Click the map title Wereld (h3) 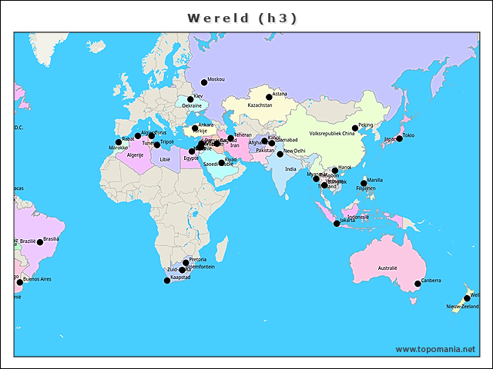(243, 18)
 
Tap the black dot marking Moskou (204, 82)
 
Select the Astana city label (280, 94)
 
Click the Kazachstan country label (260, 105)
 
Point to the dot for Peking (355, 128)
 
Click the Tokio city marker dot (399, 138)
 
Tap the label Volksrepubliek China (332, 134)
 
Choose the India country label (290, 169)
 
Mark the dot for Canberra (418, 284)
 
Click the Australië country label (387, 268)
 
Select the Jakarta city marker (336, 224)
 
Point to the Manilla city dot (364, 183)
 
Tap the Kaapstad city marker (167, 281)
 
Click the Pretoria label (198, 259)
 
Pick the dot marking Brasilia (40, 242)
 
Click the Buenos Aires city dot (20, 282)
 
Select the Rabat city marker (118, 142)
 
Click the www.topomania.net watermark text (435, 350)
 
